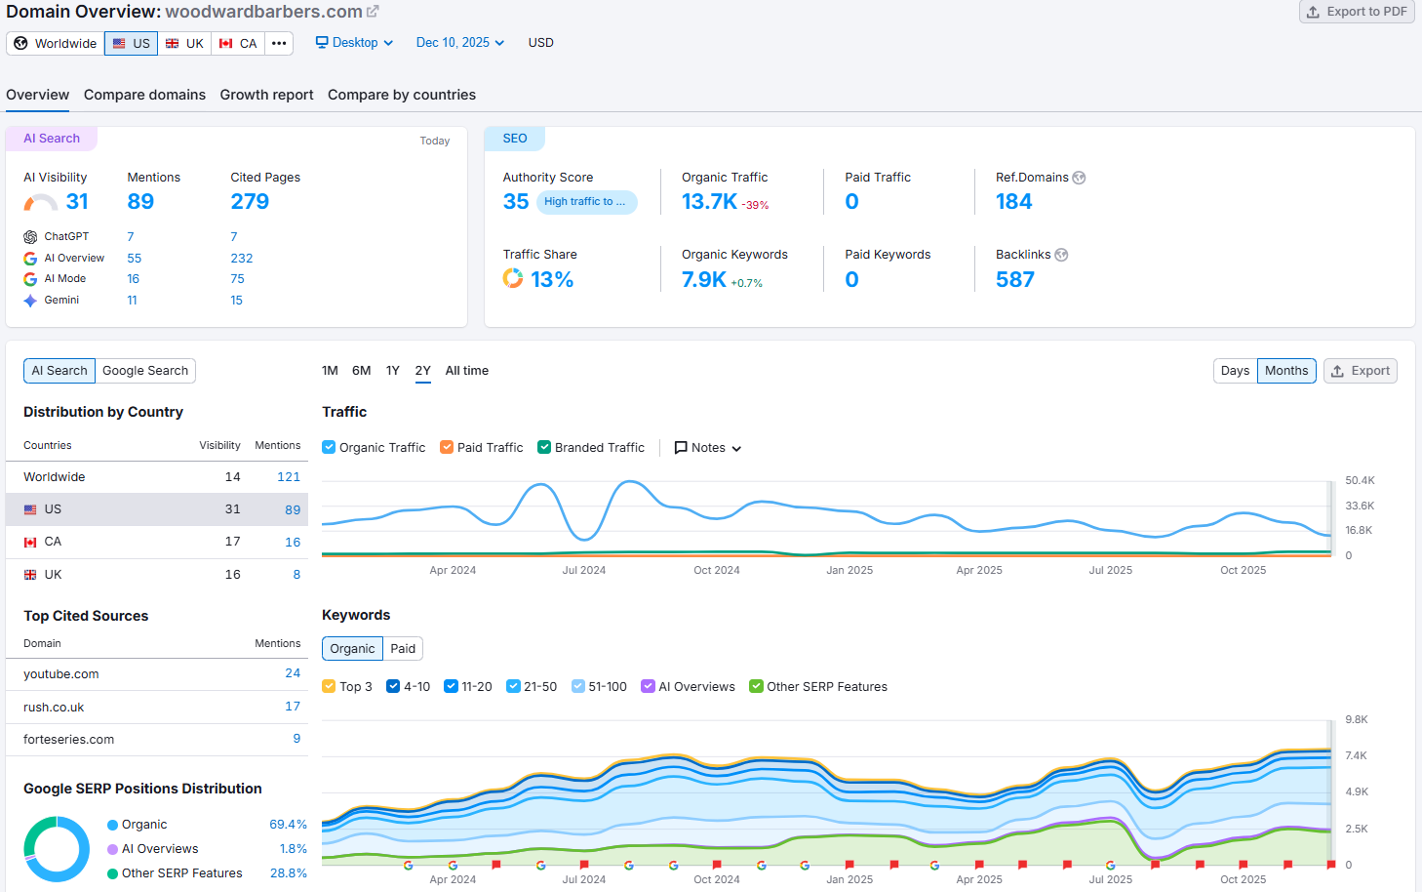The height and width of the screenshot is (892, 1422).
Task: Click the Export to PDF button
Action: point(1357,12)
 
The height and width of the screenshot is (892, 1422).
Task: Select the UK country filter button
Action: point(184,43)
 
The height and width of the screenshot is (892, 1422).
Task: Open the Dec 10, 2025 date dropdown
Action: point(459,43)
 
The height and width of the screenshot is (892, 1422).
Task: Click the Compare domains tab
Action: point(144,95)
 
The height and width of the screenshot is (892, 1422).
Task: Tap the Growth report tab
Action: point(266,95)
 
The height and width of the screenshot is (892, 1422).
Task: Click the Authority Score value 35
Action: point(515,202)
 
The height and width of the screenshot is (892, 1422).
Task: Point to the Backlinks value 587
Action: point(1014,280)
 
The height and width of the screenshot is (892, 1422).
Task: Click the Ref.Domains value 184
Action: point(1013,202)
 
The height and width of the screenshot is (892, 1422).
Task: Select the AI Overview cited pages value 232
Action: point(241,259)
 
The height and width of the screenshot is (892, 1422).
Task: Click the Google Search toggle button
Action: point(145,371)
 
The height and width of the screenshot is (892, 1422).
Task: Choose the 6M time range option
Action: point(361,371)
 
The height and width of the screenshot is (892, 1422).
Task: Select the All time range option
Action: point(466,371)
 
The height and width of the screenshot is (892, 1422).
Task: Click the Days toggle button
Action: point(1235,371)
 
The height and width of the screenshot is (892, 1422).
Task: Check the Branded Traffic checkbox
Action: point(544,448)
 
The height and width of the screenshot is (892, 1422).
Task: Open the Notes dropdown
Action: point(708,448)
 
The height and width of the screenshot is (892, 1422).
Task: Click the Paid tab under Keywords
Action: point(403,649)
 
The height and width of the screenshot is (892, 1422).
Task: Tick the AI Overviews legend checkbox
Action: point(648,687)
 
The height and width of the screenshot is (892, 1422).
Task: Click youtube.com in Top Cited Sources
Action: point(61,674)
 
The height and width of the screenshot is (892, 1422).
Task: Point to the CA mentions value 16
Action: point(293,542)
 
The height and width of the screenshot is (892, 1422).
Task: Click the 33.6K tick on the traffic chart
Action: point(1359,506)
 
